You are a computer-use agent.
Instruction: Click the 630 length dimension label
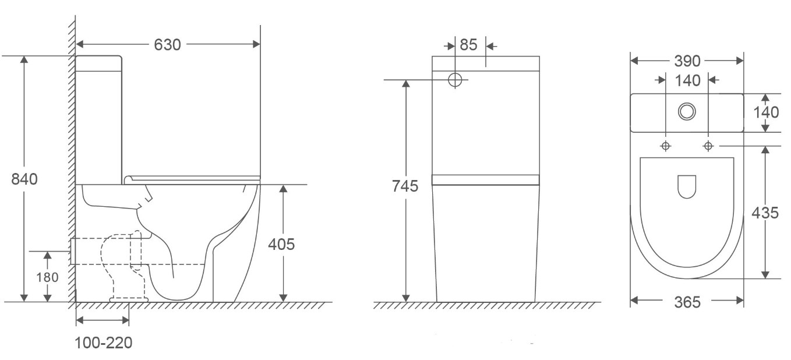[x=167, y=44]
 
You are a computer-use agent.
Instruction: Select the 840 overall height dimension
[x=24, y=179]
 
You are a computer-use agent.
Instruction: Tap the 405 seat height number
[x=281, y=244]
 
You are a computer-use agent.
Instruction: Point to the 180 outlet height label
[x=47, y=277]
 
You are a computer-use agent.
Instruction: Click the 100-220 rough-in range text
[x=104, y=343]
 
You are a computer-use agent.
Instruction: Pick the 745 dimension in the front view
[x=405, y=186]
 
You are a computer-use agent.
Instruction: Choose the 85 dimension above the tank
[x=468, y=45]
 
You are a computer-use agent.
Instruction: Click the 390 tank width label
[x=687, y=61]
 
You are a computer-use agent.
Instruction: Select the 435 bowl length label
[x=765, y=213]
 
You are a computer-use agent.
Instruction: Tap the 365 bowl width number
[x=687, y=302]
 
